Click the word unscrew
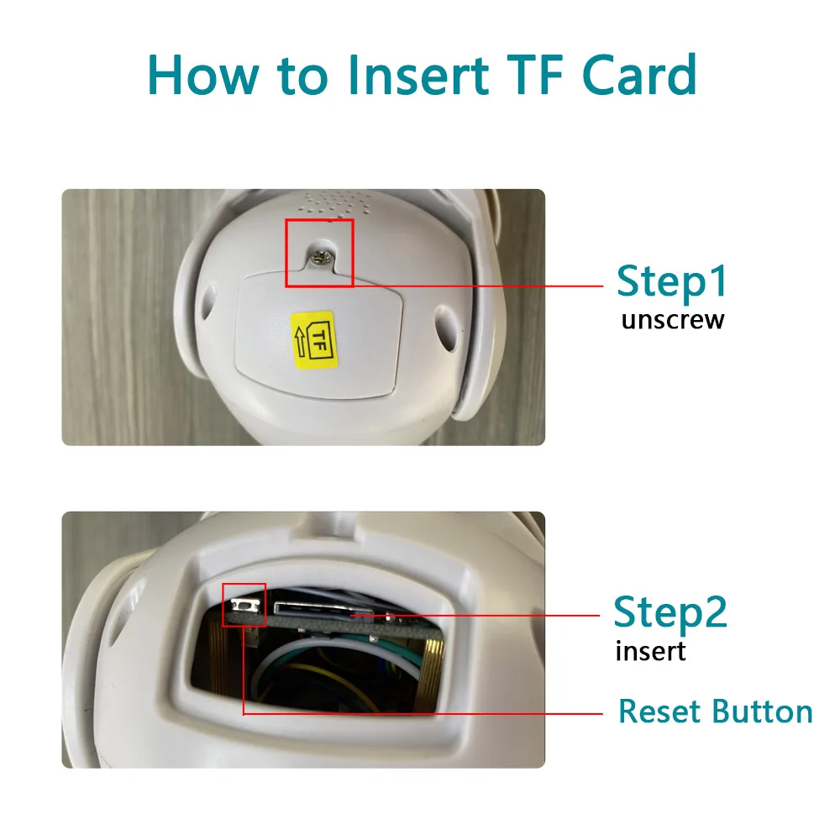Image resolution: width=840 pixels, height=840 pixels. pos(672,320)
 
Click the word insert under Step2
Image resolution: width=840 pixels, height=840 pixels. pos(650,651)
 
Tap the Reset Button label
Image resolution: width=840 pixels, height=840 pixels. pos(715,712)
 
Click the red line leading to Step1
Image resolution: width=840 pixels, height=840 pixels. pos(479,286)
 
